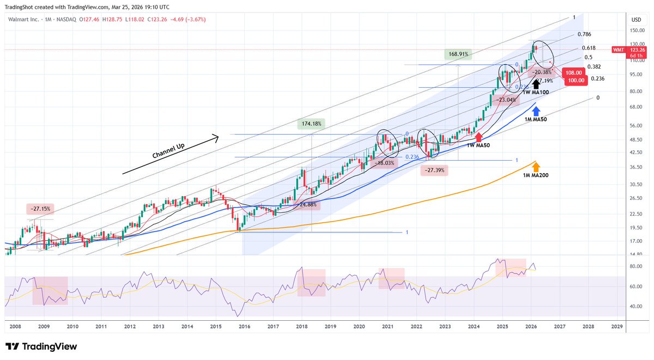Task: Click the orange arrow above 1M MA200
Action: tap(536, 166)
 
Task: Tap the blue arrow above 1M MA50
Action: tap(536, 111)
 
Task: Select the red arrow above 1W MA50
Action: tap(479, 137)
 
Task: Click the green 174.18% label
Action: tap(311, 124)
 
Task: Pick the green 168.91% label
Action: tap(457, 54)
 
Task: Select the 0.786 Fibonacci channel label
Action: tap(585, 34)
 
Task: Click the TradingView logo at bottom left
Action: tap(41, 346)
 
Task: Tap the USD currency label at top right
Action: tap(635, 20)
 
